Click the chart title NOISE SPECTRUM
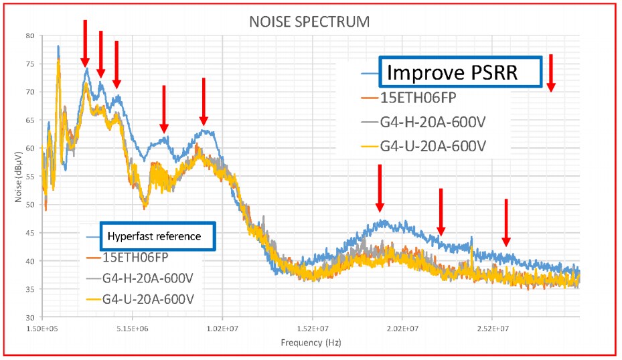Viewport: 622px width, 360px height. [x=310, y=21]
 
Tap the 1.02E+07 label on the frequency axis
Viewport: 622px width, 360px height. [x=222, y=329]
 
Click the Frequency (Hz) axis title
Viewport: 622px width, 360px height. [x=309, y=343]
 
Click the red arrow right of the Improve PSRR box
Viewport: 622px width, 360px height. [x=551, y=73]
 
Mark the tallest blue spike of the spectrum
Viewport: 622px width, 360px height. [x=58, y=47]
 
